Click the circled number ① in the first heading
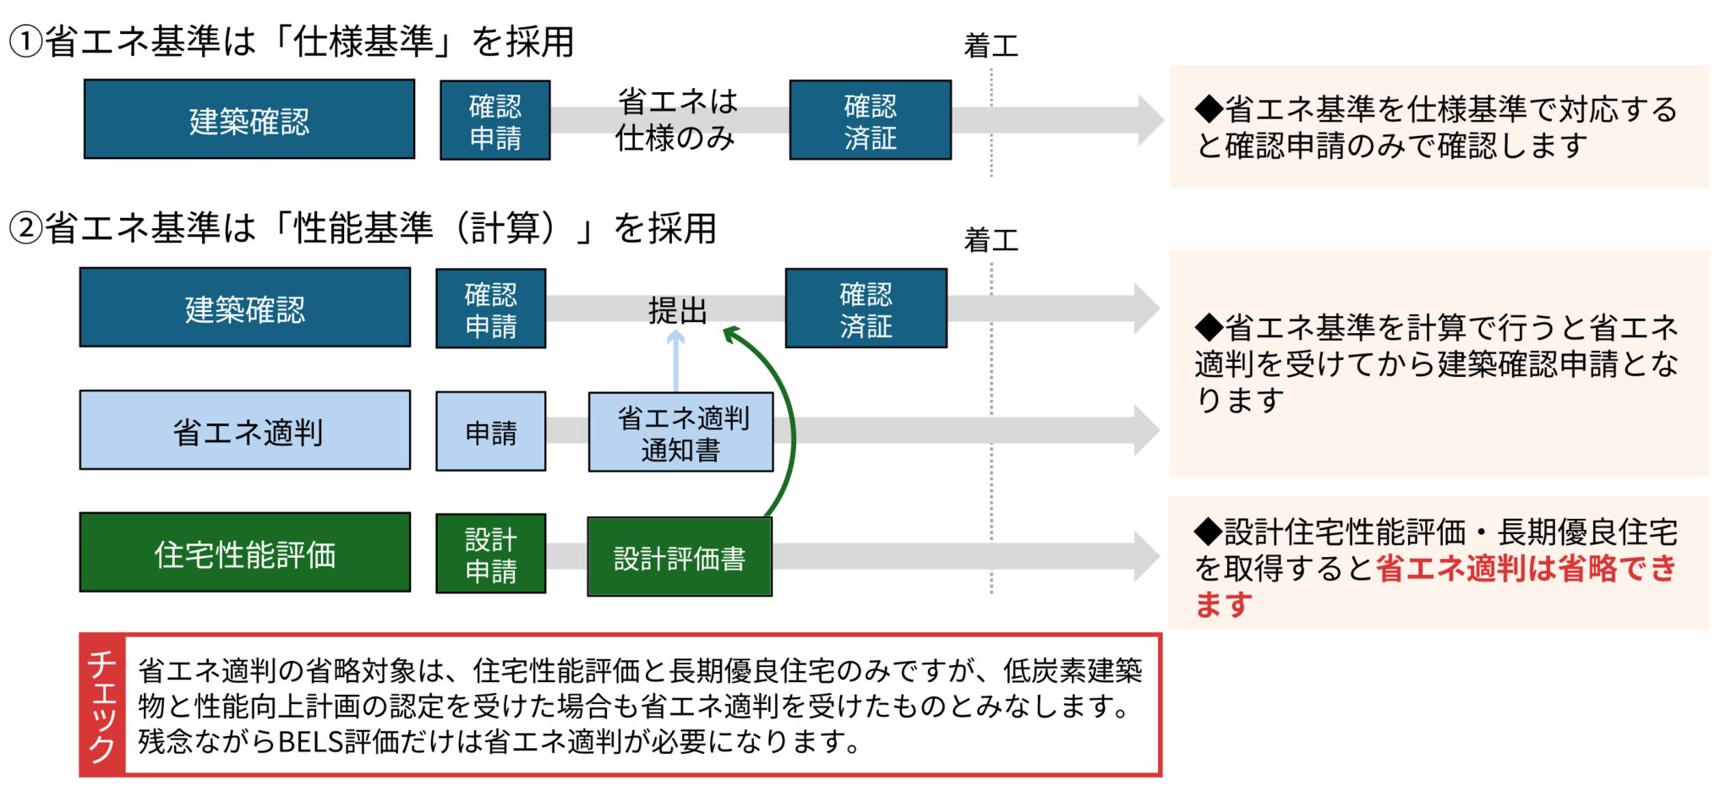pyautogui.click(x=25, y=42)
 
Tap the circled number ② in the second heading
pyautogui.click(x=25, y=228)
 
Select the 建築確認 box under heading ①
pyautogui.click(x=249, y=120)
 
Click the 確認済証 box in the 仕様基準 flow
pyautogui.click(x=870, y=120)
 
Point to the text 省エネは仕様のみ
pyautogui.click(x=675, y=119)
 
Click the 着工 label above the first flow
pyautogui.click(x=991, y=46)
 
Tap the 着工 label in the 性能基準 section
pyautogui.click(x=991, y=241)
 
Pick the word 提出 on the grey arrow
pyautogui.click(x=676, y=311)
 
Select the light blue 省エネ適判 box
pyautogui.click(x=245, y=430)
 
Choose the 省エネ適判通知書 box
pyautogui.click(x=680, y=433)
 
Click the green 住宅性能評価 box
pyautogui.click(x=245, y=554)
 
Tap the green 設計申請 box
pyautogui.click(x=491, y=554)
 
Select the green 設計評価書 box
pyautogui.click(x=680, y=558)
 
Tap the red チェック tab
pyautogui.click(x=102, y=705)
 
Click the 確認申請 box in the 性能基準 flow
pyautogui.click(x=491, y=309)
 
